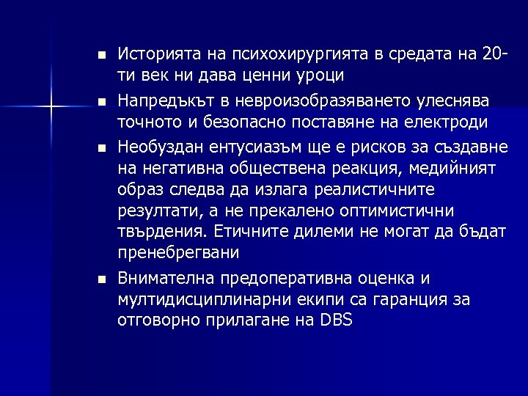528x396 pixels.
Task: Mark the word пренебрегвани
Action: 178,254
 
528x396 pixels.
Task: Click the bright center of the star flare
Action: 51,108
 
